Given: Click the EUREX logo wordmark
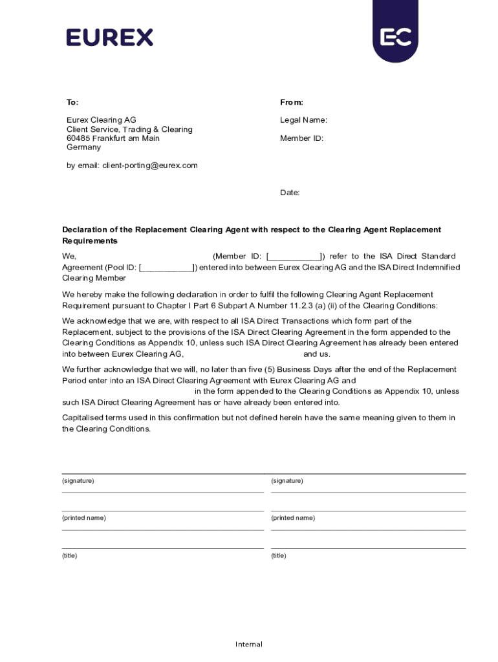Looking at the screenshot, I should point(109,37).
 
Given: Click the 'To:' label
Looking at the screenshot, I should point(72,102).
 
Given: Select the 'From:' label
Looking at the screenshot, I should point(292,102).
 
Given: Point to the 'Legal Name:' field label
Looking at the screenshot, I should point(303,120).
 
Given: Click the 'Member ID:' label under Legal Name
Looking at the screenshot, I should point(301,138).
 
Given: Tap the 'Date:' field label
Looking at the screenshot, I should point(290,193).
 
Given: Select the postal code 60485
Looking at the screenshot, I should point(78,138).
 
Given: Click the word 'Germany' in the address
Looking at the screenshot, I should point(84,147).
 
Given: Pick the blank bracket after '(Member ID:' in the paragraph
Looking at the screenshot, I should point(295,257).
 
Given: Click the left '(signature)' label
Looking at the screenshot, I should point(78,481).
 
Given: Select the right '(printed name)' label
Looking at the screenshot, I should point(293,518).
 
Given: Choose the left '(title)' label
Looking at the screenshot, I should point(70,555).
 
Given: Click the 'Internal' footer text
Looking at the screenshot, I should point(249,644).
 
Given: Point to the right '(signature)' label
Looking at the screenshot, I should point(287,481).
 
